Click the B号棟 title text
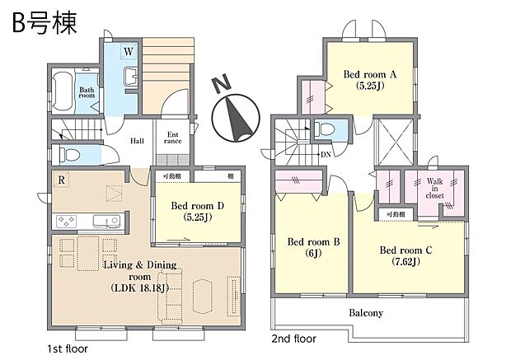(45, 23)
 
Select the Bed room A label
(369, 79)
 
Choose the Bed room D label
(192, 211)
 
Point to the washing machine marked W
(129, 52)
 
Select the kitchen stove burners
(65, 220)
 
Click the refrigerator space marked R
(62, 180)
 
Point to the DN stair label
(326, 154)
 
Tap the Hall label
(137, 140)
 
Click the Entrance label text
(172, 138)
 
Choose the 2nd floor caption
(293, 338)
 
